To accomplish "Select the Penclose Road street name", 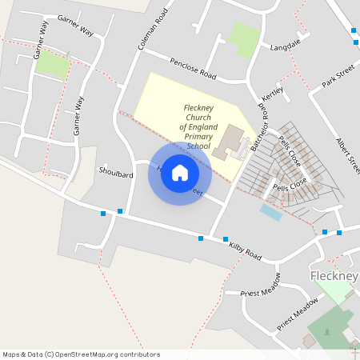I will tap(193, 69).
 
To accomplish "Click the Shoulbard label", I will tap(115, 172).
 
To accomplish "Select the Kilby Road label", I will tap(245, 253).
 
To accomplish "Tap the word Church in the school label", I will tap(197, 117).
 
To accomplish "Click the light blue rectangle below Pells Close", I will tap(270, 212).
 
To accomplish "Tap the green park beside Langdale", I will tap(243, 38).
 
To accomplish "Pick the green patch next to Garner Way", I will tap(52, 63).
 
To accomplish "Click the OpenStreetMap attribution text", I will tap(81, 354).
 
